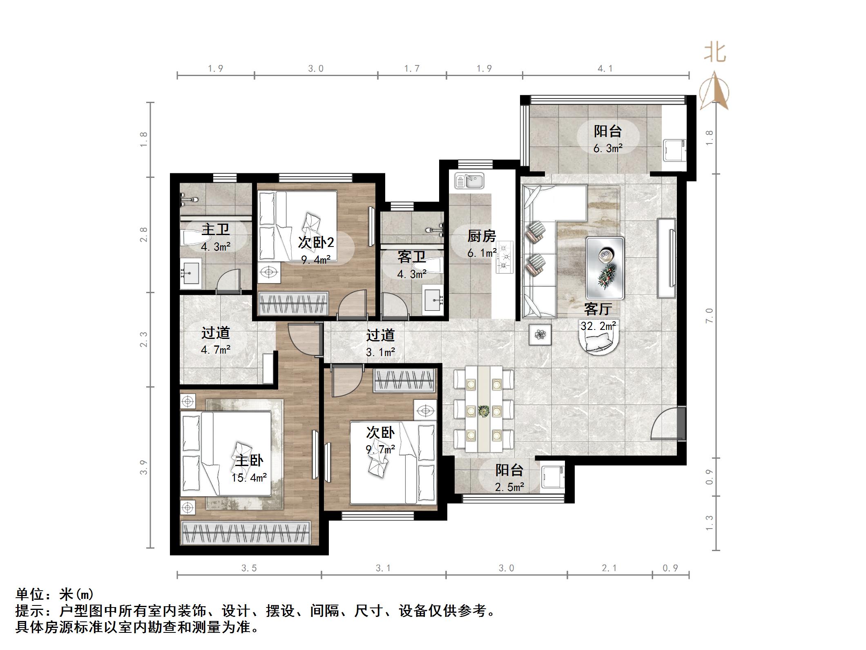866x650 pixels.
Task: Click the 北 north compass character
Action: pyautogui.click(x=715, y=53)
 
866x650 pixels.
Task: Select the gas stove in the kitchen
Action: pyautogui.click(x=505, y=257)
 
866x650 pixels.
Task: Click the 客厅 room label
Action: pyautogui.click(x=598, y=309)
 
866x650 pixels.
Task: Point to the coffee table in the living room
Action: pyautogui.click(x=605, y=267)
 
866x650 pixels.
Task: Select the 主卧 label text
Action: pyautogui.click(x=249, y=461)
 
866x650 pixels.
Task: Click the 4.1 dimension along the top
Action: pyautogui.click(x=605, y=69)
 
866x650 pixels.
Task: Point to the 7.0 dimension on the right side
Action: pyautogui.click(x=709, y=316)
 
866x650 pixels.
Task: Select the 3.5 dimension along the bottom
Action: pyautogui.click(x=249, y=568)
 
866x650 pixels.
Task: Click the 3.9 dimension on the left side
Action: pyautogui.click(x=143, y=467)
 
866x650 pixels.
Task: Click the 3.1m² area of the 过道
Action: pyautogui.click(x=380, y=352)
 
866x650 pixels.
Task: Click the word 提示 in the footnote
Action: pyautogui.click(x=29, y=611)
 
